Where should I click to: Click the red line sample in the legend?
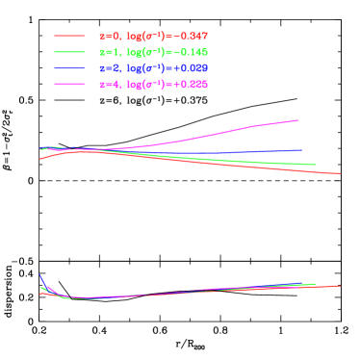pos(70,36)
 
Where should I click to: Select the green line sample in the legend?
pos(70,52)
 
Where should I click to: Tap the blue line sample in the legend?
pos(70,68)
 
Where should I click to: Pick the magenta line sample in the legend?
pos(70,85)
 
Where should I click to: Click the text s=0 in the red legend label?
pos(110,36)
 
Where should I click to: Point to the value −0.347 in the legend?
pos(189,36)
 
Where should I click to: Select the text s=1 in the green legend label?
pos(110,52)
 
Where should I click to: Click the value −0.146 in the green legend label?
pos(189,52)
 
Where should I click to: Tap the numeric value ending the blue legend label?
pos(189,68)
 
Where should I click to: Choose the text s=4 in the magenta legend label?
pos(110,85)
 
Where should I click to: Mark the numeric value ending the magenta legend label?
pos(189,85)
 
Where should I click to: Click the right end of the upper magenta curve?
pos(297,120)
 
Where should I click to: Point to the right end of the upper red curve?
pos(341,174)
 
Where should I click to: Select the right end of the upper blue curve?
pos(301,150)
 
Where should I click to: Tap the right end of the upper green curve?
pos(316,165)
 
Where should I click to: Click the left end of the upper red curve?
pos(39,159)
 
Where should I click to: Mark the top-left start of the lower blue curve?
pos(39,274)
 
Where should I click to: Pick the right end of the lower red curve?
pos(340,285)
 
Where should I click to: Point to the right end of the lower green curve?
pos(315,284)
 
